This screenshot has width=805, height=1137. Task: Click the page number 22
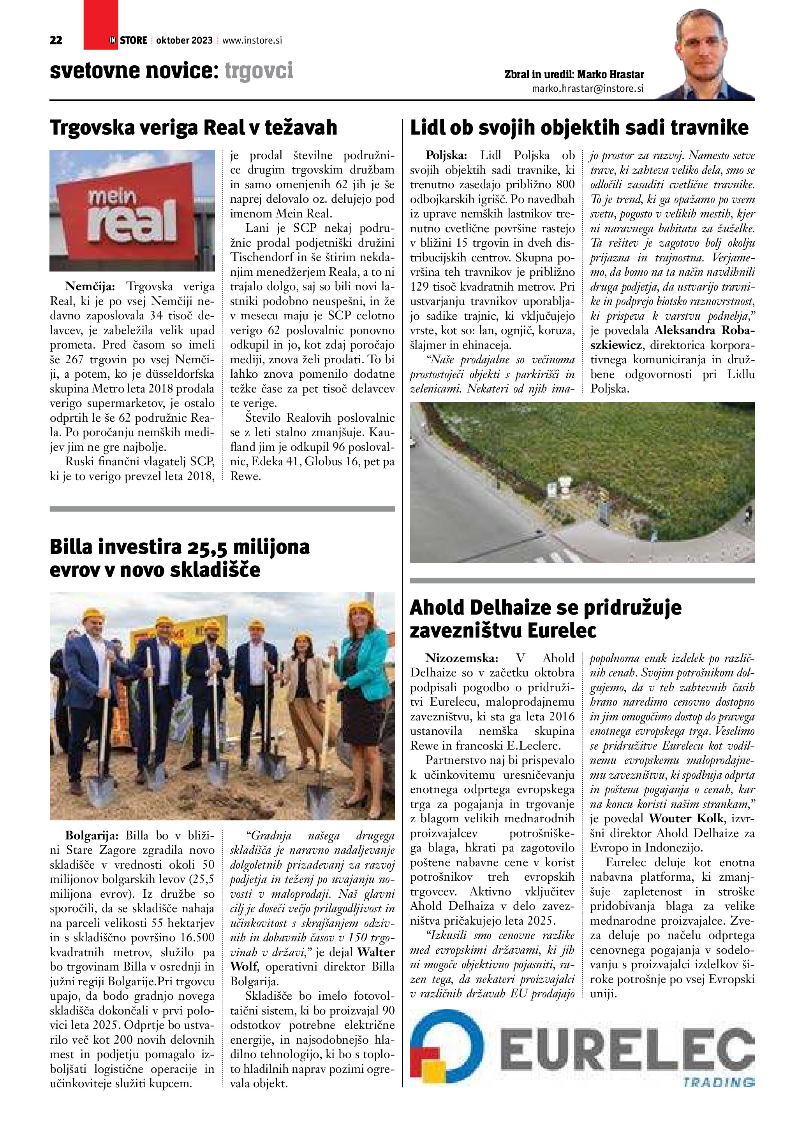[56, 40]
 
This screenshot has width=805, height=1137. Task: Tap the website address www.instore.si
[252, 40]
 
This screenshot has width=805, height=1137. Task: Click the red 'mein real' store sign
[132, 210]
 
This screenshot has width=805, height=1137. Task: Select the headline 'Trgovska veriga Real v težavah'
[193, 128]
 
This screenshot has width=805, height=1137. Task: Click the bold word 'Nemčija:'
[90, 287]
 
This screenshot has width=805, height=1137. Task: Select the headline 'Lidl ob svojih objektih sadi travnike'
[579, 128]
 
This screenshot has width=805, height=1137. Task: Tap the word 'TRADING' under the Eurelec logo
[718, 1083]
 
